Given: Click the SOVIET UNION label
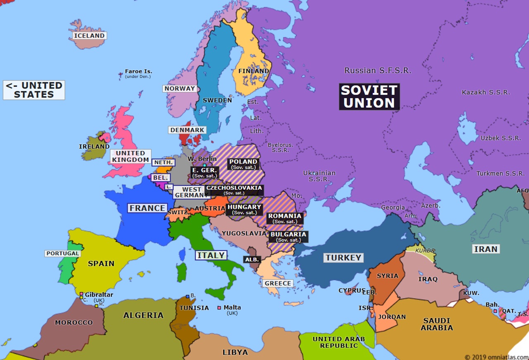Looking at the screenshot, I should (x=369, y=97).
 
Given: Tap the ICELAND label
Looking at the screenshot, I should (x=89, y=36).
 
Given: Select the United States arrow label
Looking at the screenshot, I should (x=34, y=90).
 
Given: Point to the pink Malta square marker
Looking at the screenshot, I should (x=219, y=308).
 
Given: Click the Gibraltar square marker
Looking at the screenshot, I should (x=81, y=294).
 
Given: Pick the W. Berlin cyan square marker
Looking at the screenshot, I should (x=204, y=165).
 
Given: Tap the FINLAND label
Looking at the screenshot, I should (x=253, y=71).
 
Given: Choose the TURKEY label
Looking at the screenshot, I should (x=343, y=257).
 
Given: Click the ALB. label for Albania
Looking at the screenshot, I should (x=252, y=260).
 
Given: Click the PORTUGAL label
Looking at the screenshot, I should (x=62, y=253).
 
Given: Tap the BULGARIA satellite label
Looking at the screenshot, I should (x=288, y=236).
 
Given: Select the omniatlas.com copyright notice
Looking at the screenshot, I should (x=496, y=357).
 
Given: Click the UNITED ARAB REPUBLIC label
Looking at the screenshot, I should (x=338, y=342).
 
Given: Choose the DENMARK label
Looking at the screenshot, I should (x=187, y=130).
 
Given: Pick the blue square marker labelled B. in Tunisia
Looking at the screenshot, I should (x=188, y=296).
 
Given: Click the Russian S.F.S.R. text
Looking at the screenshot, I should (x=378, y=71).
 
